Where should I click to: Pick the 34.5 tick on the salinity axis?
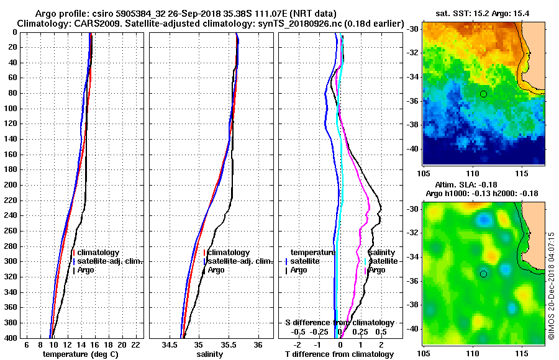click(x=169, y=344)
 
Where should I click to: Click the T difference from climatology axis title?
click(x=339, y=354)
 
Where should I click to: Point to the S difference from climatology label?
click(x=339, y=323)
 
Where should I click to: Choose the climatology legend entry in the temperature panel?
click(x=98, y=253)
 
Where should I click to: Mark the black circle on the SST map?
click(x=483, y=94)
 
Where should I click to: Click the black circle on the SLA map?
click(x=483, y=274)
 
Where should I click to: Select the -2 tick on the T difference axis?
click(x=298, y=344)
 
